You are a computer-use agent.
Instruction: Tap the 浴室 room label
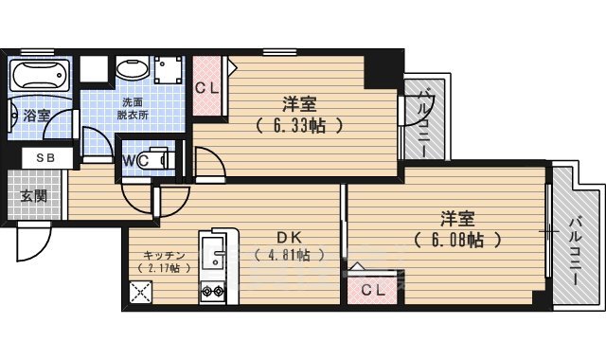pos(37,115)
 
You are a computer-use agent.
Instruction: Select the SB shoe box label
pos(44,158)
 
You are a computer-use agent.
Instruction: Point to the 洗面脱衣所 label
pos(133,107)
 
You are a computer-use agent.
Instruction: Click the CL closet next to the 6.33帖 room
pos(207,87)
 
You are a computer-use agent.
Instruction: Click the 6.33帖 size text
pos(297,124)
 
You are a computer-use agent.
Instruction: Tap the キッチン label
pos(163,255)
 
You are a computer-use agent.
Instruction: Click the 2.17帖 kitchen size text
pos(163,268)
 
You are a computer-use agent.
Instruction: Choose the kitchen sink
pos(212,252)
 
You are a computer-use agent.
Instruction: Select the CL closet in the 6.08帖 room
pos(373,290)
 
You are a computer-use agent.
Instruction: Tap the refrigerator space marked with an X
pos(143,293)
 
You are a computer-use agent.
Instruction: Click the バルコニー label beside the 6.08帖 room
pos(576,242)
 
